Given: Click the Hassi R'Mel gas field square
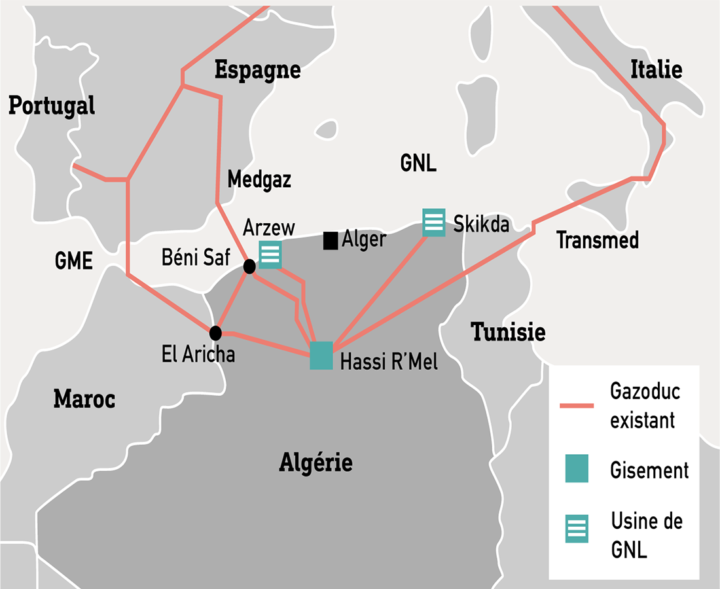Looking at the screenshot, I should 321,355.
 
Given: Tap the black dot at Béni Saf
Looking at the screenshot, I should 249,266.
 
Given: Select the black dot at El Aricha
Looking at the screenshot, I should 215,332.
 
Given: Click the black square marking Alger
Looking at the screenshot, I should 331,241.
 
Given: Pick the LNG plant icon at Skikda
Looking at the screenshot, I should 433,223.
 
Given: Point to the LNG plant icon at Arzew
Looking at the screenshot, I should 270,255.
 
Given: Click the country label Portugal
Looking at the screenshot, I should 52,105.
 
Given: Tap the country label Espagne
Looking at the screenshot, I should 258,69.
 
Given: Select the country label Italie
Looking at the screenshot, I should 656,69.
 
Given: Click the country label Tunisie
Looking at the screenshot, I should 509,332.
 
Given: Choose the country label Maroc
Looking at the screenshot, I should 84,398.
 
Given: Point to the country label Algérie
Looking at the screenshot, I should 316,463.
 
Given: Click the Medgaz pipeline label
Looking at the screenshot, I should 259,179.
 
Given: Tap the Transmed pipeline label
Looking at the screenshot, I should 598,241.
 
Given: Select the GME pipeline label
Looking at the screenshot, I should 74,261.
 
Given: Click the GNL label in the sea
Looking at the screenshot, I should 418,164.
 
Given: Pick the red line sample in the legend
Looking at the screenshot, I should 577,406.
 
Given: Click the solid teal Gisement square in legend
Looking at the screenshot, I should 577,469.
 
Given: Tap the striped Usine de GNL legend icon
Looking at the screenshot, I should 577,529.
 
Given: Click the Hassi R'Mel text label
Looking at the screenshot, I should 389,362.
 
